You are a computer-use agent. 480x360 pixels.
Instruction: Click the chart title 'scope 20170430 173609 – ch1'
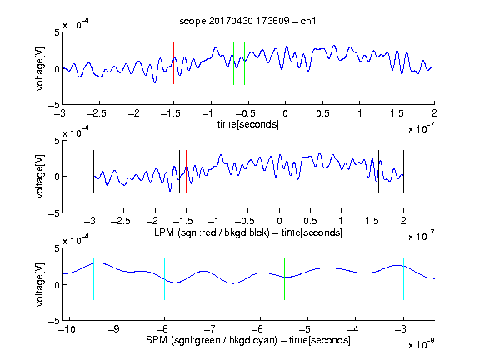tap(247, 21)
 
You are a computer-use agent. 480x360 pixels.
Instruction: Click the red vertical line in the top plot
tap(173, 63)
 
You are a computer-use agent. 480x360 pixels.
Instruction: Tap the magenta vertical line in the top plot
tap(397, 63)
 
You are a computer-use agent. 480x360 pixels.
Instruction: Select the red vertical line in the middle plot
tap(186, 171)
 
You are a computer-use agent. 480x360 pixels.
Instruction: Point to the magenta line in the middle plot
tap(372, 171)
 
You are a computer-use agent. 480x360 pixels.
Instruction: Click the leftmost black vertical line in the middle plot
tap(93, 171)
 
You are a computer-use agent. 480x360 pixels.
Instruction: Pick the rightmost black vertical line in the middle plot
tap(403, 171)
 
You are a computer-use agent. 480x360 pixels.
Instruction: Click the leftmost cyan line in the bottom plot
tap(93, 279)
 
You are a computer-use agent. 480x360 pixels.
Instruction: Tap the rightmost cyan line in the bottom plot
tap(403, 279)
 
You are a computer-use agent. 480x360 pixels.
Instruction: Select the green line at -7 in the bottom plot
tap(212, 279)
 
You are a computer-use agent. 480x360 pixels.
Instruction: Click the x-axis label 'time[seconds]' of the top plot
tap(248, 124)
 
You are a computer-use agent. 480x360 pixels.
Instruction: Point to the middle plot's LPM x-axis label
tap(248, 232)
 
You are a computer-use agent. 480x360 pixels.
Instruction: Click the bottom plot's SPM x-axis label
tap(248, 340)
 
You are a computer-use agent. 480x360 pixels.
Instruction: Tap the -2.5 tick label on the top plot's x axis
tap(97, 113)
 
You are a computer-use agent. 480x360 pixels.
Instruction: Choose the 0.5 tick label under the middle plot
tap(310, 221)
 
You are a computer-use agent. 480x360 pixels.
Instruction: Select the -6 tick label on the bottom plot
tap(257, 329)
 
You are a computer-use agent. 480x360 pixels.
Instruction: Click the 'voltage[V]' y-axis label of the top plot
tap(40, 69)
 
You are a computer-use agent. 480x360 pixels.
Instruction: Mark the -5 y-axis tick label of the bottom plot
tap(54, 321)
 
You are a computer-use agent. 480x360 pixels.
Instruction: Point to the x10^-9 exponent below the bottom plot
tap(421, 344)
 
